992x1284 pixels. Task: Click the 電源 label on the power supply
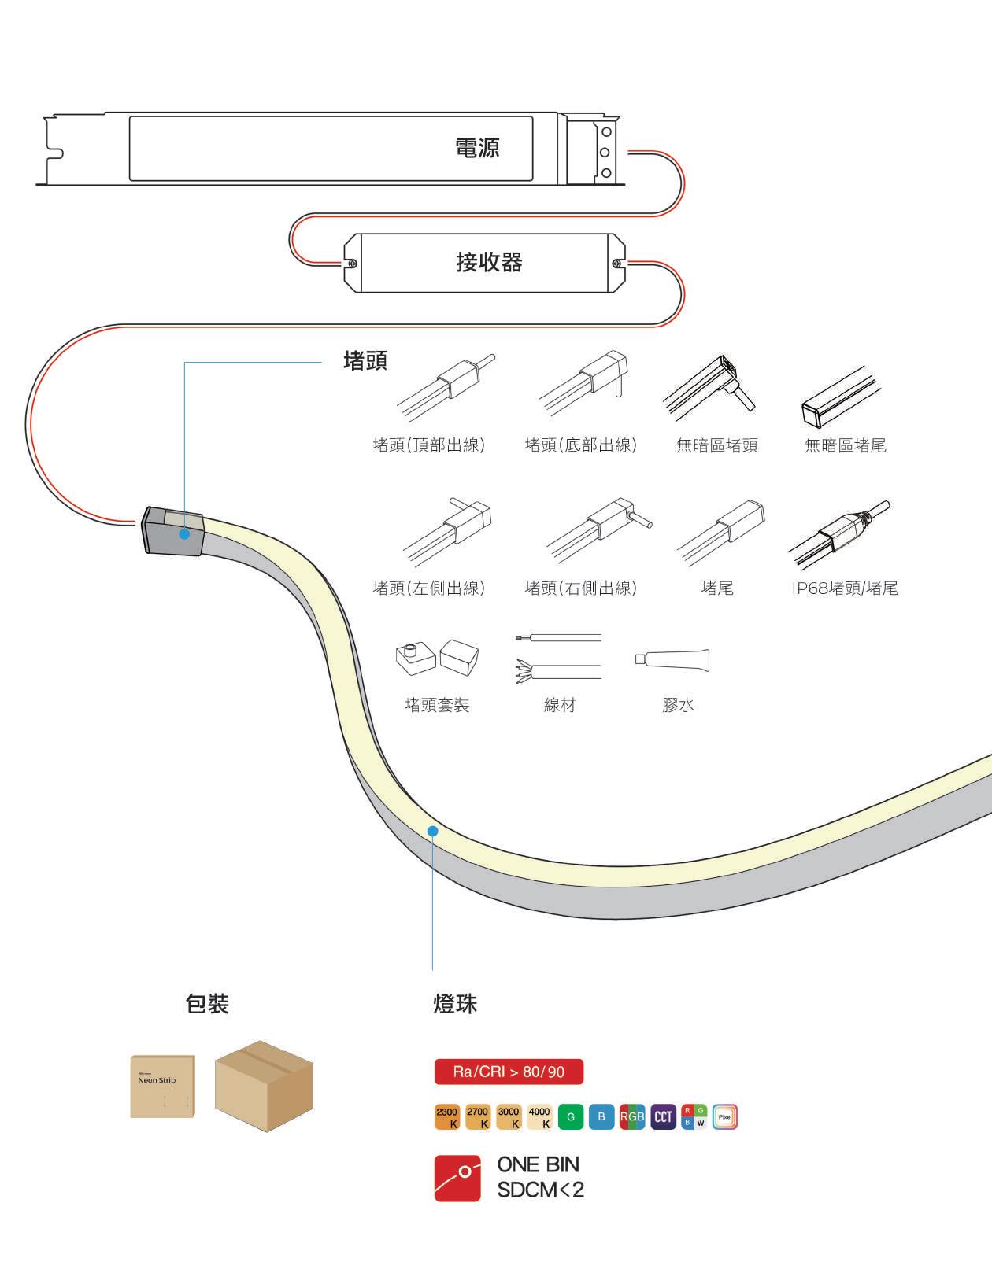coord(477,148)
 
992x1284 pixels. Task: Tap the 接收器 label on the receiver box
coord(489,262)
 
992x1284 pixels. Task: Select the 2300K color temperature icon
coord(446,1117)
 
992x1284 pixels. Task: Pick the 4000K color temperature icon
coord(539,1117)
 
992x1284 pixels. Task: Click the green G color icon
coord(571,1117)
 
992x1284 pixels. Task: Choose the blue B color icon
coord(601,1117)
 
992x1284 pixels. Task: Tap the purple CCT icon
coord(664,1117)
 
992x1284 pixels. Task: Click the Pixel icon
coord(725,1117)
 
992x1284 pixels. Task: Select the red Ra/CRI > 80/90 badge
coord(509,1072)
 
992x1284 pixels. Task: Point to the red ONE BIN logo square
coord(457,1178)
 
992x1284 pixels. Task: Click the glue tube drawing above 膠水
coord(673,660)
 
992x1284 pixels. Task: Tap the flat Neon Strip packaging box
coord(162,1086)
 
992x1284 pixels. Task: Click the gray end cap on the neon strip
coord(172,531)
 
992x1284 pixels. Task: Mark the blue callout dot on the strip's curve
coord(432,830)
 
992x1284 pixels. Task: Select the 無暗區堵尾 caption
coord(845,446)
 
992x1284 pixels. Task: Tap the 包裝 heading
coord(207,1004)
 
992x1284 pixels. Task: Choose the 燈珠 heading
coord(455,1004)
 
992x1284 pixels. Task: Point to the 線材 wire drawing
coord(558,656)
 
